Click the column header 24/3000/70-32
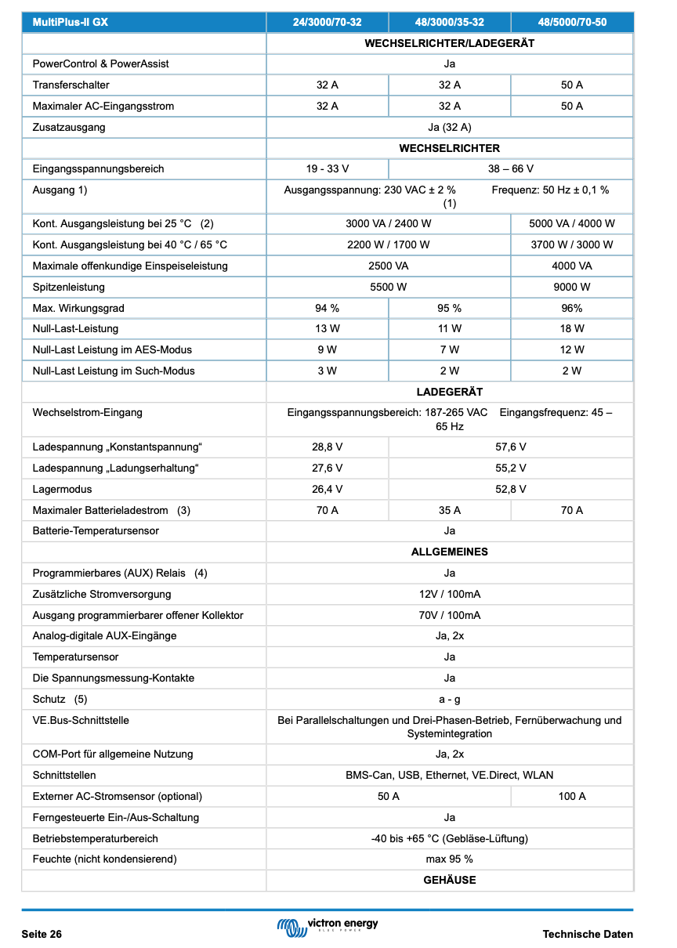point(327,23)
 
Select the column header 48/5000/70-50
point(571,23)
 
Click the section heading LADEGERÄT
point(449,392)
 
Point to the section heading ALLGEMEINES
point(449,552)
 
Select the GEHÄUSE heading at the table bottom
point(449,880)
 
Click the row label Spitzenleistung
point(69,287)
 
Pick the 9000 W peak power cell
point(571,287)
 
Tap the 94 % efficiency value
point(327,308)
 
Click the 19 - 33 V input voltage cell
point(327,168)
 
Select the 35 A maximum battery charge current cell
point(449,510)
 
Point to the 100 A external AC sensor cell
point(571,796)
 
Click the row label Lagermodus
point(62,489)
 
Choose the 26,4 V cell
point(327,489)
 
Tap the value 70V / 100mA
point(449,615)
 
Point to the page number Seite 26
point(42,934)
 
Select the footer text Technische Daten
point(587,934)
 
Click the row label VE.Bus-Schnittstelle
point(81,720)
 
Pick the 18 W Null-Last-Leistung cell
point(571,328)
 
